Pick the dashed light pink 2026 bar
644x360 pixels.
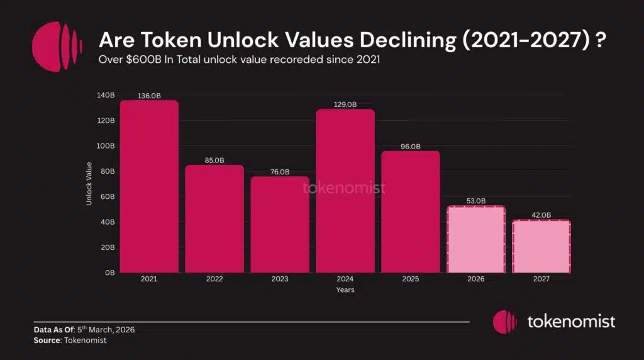pyautogui.click(x=476, y=240)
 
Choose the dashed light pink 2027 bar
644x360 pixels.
pyautogui.click(x=541, y=247)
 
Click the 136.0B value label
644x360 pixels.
pyautogui.click(x=149, y=96)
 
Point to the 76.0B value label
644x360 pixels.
pyautogui.click(x=280, y=172)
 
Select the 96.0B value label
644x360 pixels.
pyautogui.click(x=411, y=147)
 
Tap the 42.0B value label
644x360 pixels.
pyautogui.click(x=541, y=215)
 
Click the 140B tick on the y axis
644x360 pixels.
pyautogui.click(x=106, y=95)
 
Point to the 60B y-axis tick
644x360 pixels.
pyautogui.click(x=108, y=197)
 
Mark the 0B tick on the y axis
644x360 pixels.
pyautogui.click(x=109, y=273)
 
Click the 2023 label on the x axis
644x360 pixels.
pyautogui.click(x=280, y=279)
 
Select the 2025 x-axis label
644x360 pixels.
pyautogui.click(x=411, y=279)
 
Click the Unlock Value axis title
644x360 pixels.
pyautogui.click(x=89, y=184)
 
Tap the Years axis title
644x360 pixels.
pyautogui.click(x=345, y=290)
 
